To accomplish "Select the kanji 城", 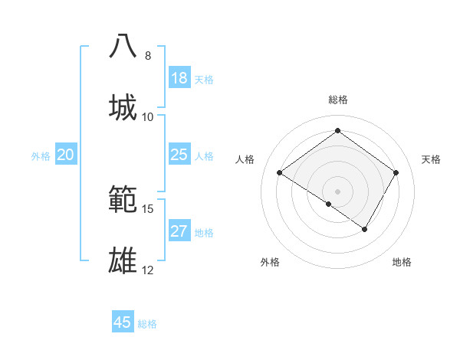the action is click(123, 107).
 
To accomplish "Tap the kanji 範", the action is click(123, 199).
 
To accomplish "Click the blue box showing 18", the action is click(179, 78).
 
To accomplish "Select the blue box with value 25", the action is click(179, 155).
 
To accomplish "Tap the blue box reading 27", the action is click(179, 231).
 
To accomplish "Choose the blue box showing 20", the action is click(66, 155).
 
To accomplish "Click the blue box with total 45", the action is click(123, 322).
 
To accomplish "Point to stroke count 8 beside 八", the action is click(148, 56).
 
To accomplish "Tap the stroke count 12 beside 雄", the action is click(148, 270).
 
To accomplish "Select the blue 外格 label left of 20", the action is click(41, 156).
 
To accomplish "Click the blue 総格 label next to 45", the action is click(147, 324).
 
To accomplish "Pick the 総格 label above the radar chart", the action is click(338, 100).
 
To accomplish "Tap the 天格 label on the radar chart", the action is click(431, 159).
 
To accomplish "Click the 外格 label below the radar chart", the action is click(270, 262).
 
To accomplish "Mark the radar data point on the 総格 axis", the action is click(337, 130).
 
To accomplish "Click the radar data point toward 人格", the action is click(280, 173).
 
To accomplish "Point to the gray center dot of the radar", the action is click(337, 191).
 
